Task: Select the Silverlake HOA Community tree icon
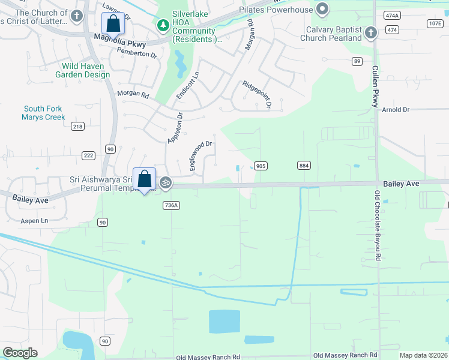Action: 162,25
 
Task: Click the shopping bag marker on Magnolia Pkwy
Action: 113,25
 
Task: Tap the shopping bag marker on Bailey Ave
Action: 144,179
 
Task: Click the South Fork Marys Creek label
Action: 43,113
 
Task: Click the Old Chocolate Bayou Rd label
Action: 378,225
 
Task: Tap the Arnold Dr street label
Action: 396,110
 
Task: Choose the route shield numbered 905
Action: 260,166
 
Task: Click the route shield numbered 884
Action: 303,165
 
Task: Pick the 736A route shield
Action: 171,205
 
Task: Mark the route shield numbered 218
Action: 77,126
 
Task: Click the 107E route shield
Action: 435,23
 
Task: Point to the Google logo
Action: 20,353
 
